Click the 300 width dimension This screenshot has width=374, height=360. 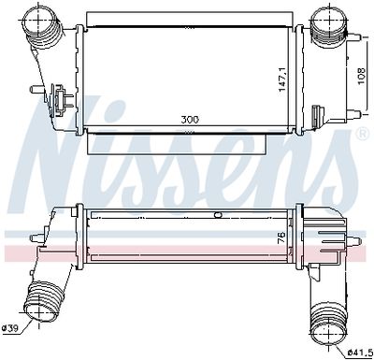point(191,121)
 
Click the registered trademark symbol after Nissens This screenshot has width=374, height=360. point(362,137)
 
